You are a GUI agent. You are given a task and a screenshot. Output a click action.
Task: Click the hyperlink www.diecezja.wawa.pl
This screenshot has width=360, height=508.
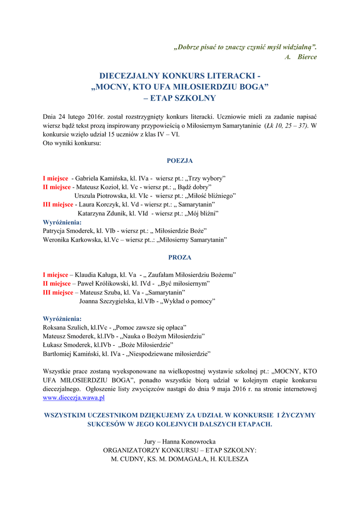74,397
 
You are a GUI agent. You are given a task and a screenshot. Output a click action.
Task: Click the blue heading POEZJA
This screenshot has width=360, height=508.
180,161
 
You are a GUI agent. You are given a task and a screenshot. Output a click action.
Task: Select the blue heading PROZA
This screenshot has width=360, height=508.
180,257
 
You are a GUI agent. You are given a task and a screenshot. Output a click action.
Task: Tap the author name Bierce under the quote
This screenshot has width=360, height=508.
307,57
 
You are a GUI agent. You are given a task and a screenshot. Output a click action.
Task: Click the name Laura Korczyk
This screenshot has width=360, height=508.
95,204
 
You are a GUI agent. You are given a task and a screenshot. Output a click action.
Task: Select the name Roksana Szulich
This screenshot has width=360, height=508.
65,327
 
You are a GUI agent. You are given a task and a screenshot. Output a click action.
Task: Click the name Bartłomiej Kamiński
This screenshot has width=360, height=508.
72,354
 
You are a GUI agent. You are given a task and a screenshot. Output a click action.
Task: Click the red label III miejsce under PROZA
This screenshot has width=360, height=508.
58,292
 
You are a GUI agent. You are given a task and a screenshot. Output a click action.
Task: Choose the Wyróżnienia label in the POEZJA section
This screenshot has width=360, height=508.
63,222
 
